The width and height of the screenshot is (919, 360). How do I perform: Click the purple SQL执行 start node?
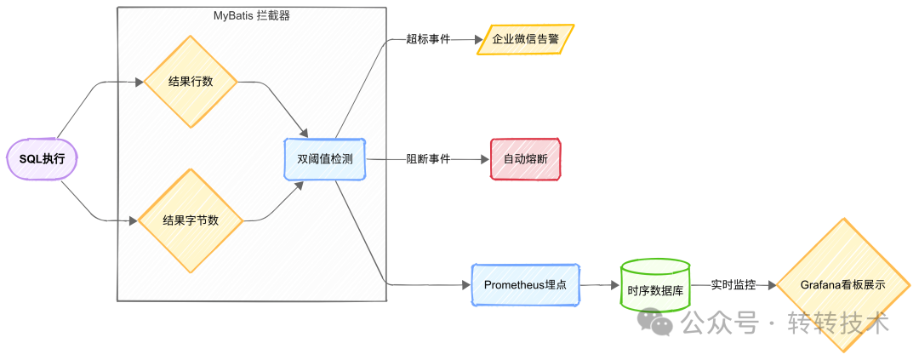coord(42,158)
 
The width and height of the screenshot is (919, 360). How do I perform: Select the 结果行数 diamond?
coord(191,82)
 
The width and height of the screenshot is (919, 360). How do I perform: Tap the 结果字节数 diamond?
coord(191,220)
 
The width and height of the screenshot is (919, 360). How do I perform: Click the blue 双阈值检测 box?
coord(325,158)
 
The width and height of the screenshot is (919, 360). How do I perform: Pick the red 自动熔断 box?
coord(526,159)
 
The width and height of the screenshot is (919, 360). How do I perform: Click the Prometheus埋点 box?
coord(526,285)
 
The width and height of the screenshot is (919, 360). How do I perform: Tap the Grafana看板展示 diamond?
coord(842,285)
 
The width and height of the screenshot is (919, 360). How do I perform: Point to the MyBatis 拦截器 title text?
coord(252,15)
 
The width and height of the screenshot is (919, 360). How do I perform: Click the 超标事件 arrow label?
coord(428,39)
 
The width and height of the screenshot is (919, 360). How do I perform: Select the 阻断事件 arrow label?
coord(428,159)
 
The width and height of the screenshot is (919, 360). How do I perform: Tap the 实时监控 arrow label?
coord(732,285)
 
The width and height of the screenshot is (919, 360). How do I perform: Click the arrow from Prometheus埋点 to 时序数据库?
coord(599,285)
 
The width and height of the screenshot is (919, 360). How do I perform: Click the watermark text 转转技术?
coord(838,323)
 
